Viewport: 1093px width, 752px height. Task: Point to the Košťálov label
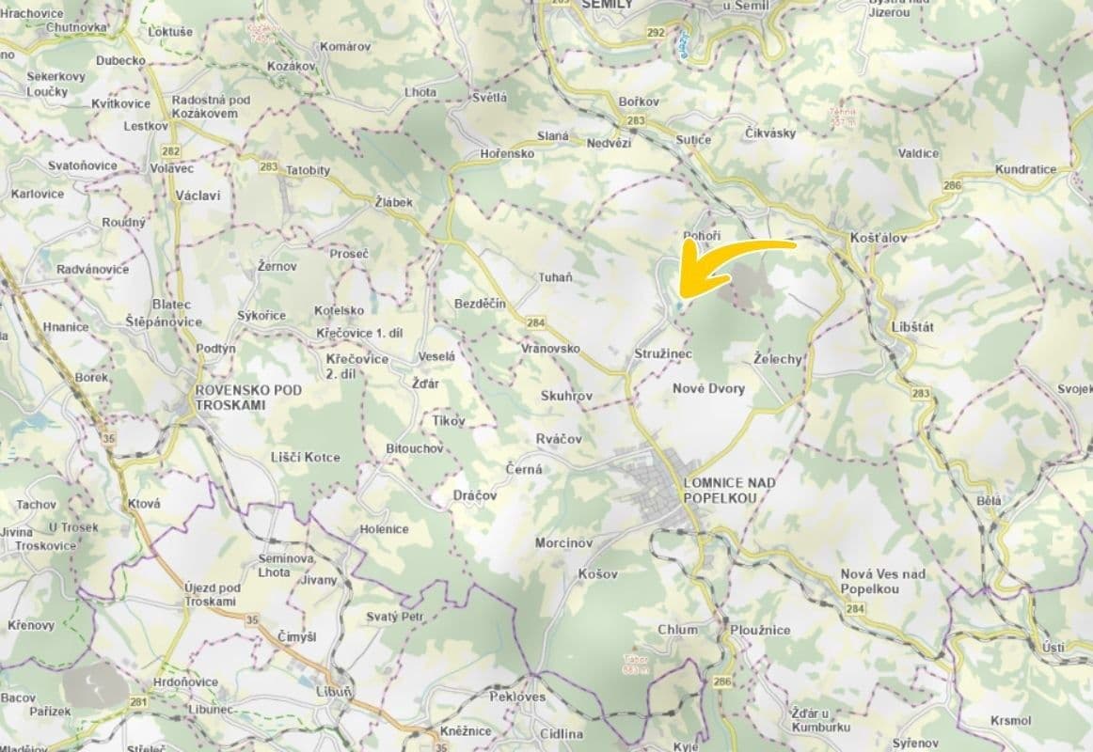tap(878, 238)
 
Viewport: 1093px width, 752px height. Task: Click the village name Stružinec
tap(663, 354)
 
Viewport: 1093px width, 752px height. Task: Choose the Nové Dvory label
tap(708, 388)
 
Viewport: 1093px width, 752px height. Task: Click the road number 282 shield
tap(170, 150)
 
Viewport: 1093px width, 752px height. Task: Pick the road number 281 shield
tap(139, 701)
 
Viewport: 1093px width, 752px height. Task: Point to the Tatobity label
tap(308, 170)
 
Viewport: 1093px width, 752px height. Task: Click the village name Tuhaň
tap(554, 277)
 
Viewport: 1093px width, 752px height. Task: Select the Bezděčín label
tap(480, 304)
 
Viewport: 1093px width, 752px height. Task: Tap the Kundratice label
tap(1025, 170)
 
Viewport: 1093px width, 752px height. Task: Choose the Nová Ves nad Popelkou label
tap(882, 581)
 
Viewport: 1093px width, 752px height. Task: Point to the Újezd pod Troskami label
tap(212, 594)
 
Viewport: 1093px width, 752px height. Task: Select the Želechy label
tap(778, 359)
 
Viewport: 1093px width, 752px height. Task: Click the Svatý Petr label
tap(394, 617)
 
